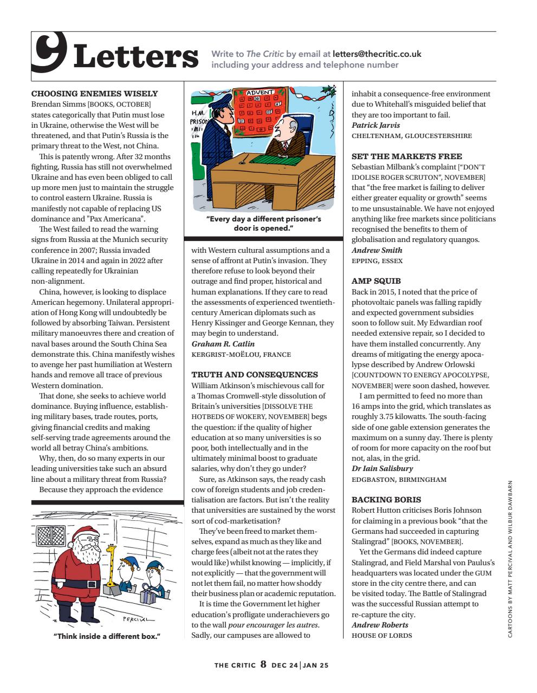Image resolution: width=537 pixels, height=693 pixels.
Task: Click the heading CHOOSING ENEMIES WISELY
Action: click(95, 94)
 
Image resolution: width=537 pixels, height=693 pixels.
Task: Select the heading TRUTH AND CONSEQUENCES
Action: click(255, 375)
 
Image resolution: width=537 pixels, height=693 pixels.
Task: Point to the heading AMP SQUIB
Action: click(376, 281)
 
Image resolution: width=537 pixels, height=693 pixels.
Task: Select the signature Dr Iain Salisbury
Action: click(382, 468)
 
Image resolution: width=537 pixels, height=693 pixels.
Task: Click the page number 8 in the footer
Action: click(263, 664)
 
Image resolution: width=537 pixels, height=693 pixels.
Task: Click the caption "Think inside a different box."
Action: click(107, 636)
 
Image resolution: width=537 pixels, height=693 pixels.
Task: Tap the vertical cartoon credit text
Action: click(517, 558)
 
